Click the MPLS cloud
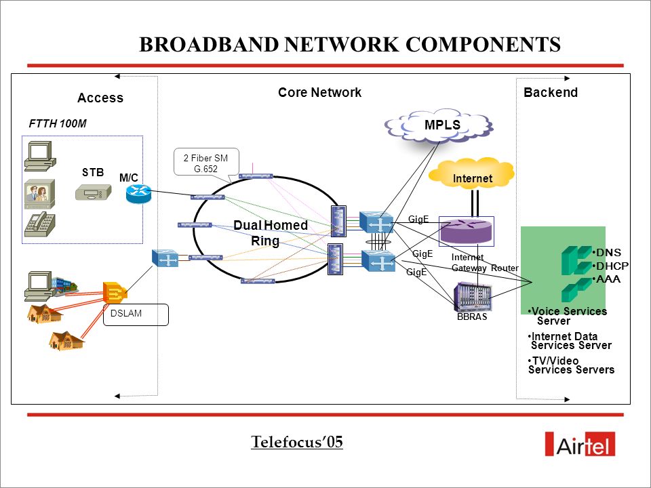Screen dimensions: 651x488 439,125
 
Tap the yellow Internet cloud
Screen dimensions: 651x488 471,174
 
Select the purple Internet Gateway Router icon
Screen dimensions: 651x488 467,231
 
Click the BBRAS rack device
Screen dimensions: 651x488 473,296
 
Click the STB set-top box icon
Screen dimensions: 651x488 94,192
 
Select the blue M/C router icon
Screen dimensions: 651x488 138,193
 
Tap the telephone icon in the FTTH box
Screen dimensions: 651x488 39,224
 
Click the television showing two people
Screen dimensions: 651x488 39,194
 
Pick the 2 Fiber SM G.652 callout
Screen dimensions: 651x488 206,163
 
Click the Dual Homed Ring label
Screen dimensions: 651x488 271,232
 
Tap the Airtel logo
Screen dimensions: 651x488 580,444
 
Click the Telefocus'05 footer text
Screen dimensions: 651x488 297,442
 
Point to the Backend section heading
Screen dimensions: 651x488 551,92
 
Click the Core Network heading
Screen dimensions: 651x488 319,92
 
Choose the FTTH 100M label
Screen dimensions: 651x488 58,123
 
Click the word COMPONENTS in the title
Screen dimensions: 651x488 483,45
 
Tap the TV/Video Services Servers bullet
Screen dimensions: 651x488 571,365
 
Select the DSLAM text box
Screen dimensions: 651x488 136,314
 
